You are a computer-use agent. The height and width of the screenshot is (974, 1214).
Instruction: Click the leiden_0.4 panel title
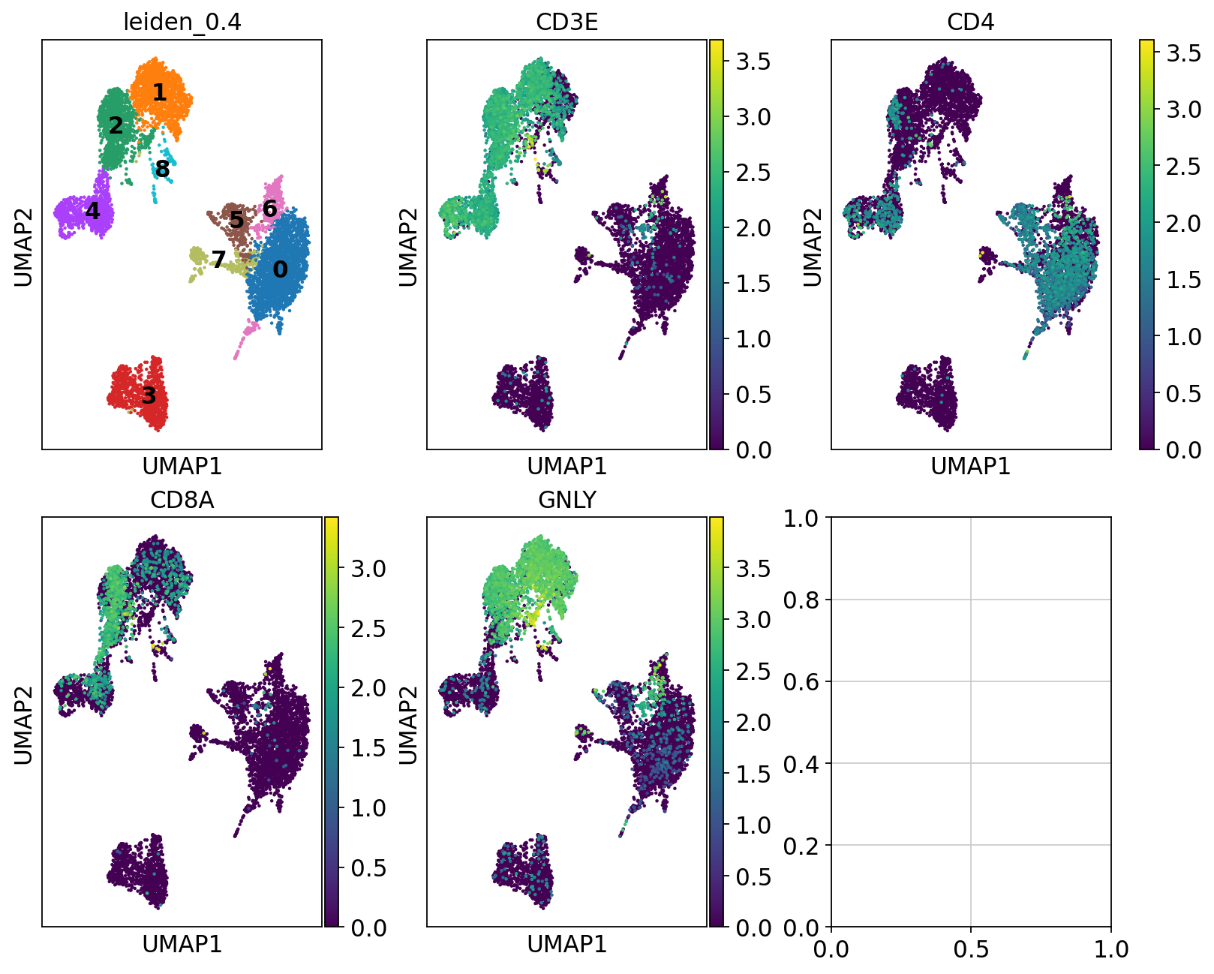pyautogui.click(x=182, y=22)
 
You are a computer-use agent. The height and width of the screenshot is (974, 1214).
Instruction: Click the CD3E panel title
pyautogui.click(x=566, y=22)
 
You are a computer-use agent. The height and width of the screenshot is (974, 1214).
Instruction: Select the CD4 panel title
pyautogui.click(x=970, y=22)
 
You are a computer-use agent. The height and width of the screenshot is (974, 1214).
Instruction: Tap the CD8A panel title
pyautogui.click(x=182, y=500)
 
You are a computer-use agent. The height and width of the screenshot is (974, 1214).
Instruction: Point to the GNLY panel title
pyautogui.click(x=566, y=500)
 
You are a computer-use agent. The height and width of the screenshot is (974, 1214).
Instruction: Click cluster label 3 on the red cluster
pyautogui.click(x=149, y=395)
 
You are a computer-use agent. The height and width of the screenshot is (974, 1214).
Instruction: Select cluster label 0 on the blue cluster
pyautogui.click(x=280, y=269)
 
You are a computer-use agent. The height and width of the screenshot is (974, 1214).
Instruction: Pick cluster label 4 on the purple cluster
pyautogui.click(x=92, y=211)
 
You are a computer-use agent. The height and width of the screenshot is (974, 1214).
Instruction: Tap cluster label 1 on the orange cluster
pyautogui.click(x=159, y=92)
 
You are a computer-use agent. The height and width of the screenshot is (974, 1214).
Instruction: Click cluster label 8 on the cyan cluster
pyautogui.click(x=162, y=170)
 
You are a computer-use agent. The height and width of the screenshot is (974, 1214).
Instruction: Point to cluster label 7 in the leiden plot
pyautogui.click(x=218, y=260)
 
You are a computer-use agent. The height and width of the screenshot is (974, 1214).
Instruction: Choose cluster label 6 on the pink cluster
pyautogui.click(x=270, y=209)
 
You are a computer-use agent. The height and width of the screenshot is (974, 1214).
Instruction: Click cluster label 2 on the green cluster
pyautogui.click(x=116, y=125)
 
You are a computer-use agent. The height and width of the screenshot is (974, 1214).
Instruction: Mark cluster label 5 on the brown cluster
pyautogui.click(x=236, y=220)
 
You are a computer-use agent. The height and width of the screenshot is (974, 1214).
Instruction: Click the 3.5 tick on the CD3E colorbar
pyautogui.click(x=753, y=62)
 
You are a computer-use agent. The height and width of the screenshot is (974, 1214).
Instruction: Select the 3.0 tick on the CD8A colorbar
pyautogui.click(x=368, y=569)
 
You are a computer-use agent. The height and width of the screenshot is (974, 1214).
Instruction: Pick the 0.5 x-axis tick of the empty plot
pyautogui.click(x=971, y=949)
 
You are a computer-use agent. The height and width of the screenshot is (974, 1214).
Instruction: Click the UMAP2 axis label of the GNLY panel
pyautogui.click(x=407, y=725)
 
